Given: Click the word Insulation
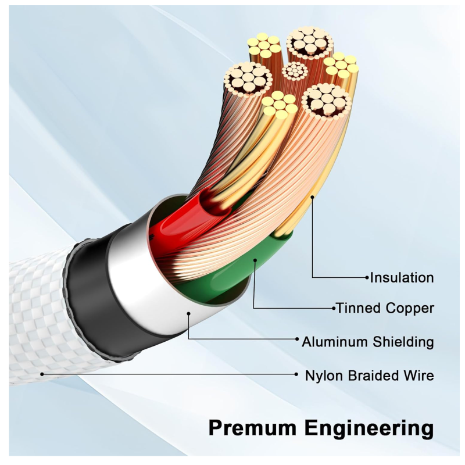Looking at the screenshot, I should pos(402,278).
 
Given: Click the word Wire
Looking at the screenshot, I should pos(419,375).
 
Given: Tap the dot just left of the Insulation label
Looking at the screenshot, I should pos(367,278).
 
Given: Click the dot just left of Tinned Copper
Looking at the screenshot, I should pos(333,307).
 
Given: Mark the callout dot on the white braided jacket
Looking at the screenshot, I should pos(41,374).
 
